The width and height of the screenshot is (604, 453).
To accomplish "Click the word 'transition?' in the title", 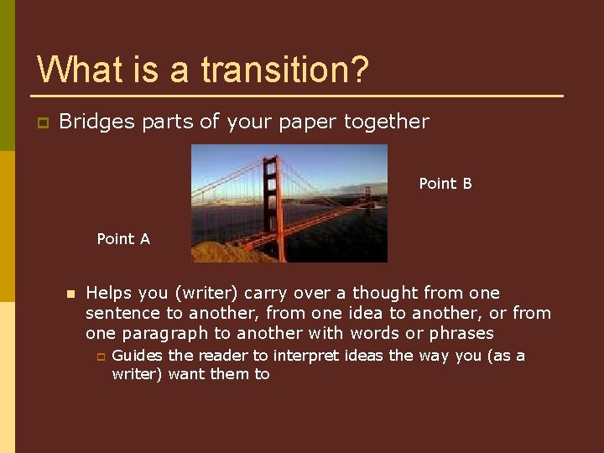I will (284, 70).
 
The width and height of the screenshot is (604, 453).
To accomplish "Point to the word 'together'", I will (387, 122).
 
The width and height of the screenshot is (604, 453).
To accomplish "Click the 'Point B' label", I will (445, 184).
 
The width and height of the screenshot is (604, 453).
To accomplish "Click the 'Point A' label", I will (123, 239).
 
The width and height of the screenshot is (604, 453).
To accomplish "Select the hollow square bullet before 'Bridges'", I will (40, 123).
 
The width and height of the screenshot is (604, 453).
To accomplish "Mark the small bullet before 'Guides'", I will (99, 357).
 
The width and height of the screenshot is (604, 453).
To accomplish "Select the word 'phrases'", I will (461, 333).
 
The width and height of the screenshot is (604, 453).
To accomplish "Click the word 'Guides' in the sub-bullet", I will (138, 356).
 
